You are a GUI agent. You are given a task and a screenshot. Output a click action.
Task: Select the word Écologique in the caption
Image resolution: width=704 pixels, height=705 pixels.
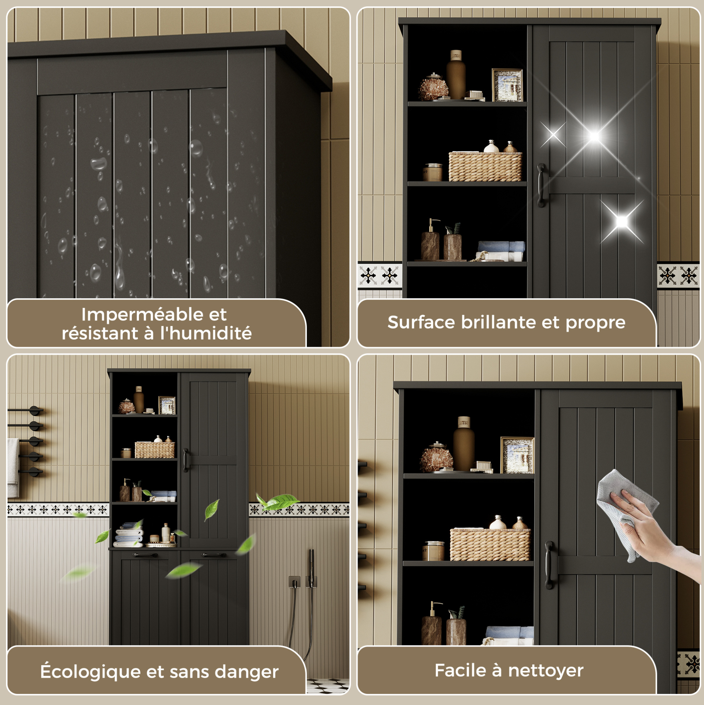coord(90,671)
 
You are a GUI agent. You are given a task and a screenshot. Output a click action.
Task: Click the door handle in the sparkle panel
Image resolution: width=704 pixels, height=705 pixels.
coord(541,185)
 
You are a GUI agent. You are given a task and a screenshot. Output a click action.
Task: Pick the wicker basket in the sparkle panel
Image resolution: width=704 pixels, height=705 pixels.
coord(485,167)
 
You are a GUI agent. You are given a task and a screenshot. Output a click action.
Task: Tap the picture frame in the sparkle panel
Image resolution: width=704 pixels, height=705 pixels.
coord(507,85)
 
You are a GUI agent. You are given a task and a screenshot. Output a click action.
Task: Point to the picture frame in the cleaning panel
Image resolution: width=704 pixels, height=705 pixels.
coord(517,455)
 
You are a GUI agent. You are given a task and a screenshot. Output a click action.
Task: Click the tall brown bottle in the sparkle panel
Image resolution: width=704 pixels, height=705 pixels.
coord(456,74)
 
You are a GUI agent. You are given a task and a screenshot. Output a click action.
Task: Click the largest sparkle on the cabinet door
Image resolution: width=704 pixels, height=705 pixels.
coord(594,137)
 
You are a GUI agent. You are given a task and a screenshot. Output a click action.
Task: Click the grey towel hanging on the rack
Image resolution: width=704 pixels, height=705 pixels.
coord(13,467)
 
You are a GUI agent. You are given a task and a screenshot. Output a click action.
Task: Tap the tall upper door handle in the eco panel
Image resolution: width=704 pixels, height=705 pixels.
coord(186,460)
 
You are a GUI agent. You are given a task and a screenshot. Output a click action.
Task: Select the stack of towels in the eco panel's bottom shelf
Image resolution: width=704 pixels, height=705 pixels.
coord(128,536)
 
